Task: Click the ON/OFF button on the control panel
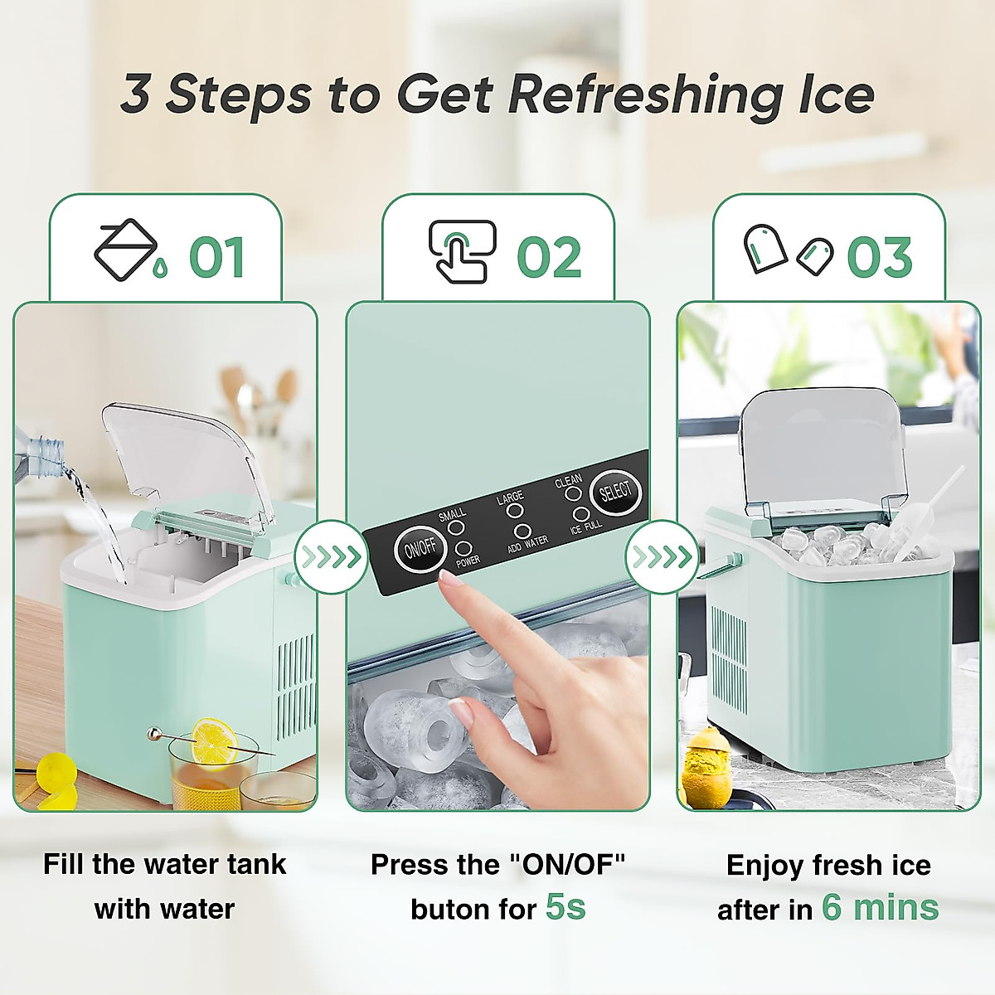point(420,549)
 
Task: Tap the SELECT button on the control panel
point(615,493)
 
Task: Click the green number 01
point(216,258)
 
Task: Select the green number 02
point(549,258)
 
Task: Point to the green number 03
point(880,258)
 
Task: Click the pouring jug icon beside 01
point(126,250)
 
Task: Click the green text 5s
point(565,907)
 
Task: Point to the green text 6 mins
point(880,907)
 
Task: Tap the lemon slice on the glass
point(214,742)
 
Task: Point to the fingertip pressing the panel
point(449,585)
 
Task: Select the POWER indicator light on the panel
point(464,548)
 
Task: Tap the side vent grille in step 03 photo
point(729,659)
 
